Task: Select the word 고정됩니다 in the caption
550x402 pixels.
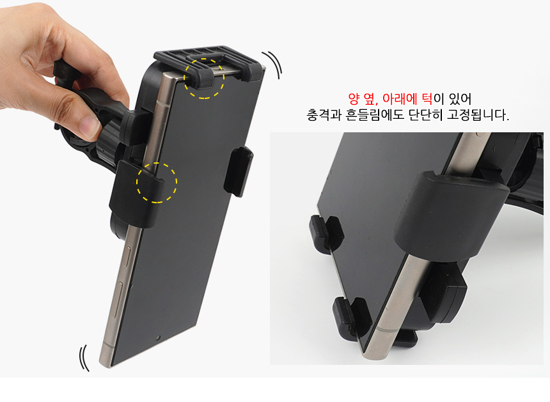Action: (x=477, y=115)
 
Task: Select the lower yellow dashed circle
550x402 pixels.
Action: (x=157, y=183)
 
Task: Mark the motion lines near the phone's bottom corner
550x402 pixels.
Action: (x=84, y=358)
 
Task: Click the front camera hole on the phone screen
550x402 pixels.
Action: (x=158, y=338)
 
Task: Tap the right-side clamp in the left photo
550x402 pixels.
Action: (x=239, y=171)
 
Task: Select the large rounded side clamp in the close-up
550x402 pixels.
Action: (x=451, y=215)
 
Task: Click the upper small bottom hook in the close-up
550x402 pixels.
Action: (x=326, y=231)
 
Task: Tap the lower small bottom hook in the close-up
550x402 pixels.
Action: (x=352, y=317)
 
